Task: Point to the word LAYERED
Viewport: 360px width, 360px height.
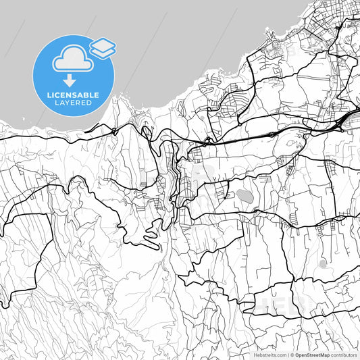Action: pos(74,103)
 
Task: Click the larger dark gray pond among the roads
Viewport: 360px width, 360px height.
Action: pos(243,197)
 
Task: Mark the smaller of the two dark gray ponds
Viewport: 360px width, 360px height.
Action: pos(324,263)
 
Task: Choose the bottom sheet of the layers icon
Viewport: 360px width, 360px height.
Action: pos(102,53)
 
